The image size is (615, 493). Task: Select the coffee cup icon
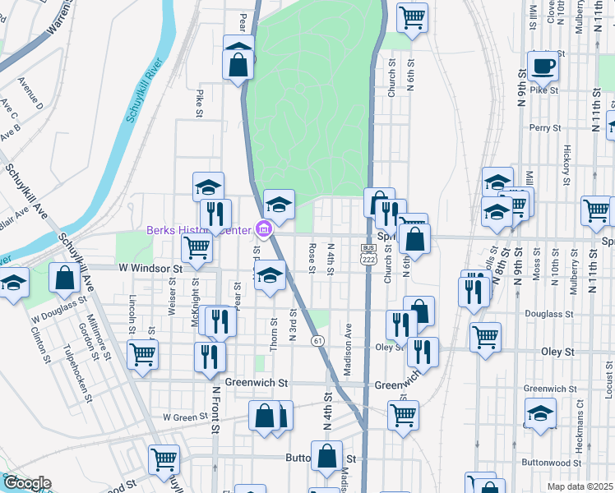543,66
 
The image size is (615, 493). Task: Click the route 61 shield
317,339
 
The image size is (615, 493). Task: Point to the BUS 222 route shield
369,253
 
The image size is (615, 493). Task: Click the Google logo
26,483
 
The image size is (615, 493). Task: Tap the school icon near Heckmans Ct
540,412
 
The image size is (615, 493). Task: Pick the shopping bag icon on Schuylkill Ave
64,279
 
